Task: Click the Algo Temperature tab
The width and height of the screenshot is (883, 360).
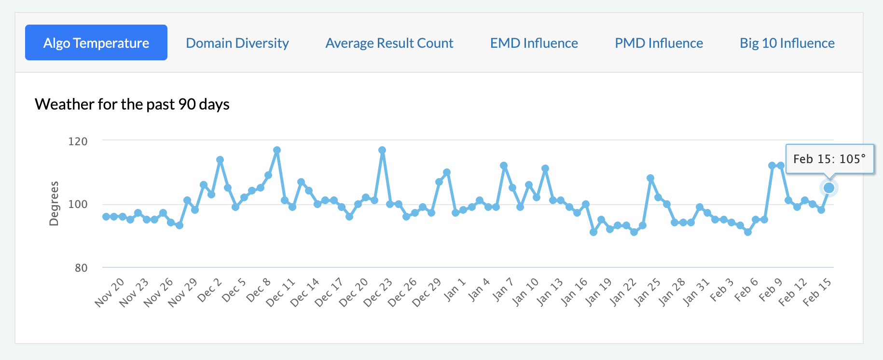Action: (x=96, y=43)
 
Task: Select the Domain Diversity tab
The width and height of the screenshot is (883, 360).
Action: (x=237, y=43)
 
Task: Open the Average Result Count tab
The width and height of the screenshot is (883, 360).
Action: (x=389, y=43)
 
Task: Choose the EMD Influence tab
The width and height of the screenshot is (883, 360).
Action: (x=534, y=43)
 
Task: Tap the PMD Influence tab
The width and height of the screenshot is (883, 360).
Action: (x=659, y=43)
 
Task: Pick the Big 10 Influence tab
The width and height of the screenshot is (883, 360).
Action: (x=787, y=43)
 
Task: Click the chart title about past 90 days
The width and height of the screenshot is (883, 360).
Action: (x=132, y=104)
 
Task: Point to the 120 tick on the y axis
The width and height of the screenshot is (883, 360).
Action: (x=78, y=141)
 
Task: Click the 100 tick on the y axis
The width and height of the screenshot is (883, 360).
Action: (x=78, y=204)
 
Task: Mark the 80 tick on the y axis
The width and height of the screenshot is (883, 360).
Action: (x=81, y=268)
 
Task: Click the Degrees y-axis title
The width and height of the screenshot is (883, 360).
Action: (x=54, y=204)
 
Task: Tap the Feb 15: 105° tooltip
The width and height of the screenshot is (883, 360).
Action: (x=829, y=159)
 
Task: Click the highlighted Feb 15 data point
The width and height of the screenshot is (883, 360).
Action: (x=829, y=188)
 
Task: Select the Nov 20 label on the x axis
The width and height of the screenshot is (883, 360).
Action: (x=110, y=292)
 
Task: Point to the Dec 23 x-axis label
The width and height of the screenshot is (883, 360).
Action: (x=378, y=292)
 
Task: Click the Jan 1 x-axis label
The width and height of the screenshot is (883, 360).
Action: (x=455, y=289)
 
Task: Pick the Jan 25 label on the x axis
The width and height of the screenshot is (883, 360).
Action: (x=648, y=292)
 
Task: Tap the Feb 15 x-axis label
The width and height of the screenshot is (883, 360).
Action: (x=817, y=292)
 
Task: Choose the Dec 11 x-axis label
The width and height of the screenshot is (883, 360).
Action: (x=281, y=292)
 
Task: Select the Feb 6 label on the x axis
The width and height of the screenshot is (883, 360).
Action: (x=746, y=290)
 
